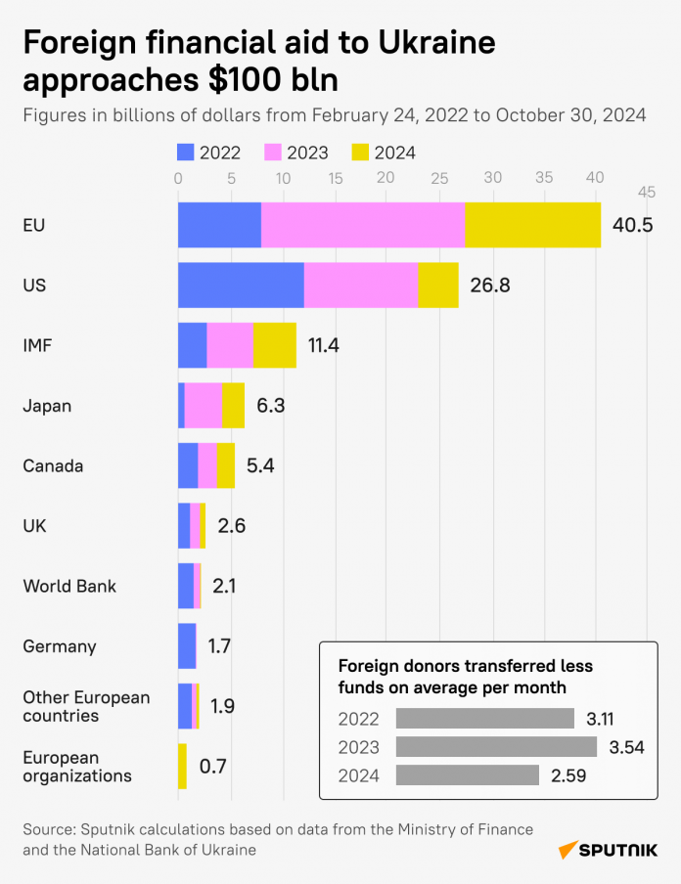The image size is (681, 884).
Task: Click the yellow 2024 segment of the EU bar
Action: pos(533,225)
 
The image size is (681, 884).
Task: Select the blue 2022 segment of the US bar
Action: pos(241,286)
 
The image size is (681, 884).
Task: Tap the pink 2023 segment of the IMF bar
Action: pos(230,345)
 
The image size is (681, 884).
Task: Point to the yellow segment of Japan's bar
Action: pos(234,406)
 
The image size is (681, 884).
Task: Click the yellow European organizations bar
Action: pos(182,767)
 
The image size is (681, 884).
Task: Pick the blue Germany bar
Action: pos(187,646)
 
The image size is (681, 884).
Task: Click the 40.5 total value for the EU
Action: pos(632,226)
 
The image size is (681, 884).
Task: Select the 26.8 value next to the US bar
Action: pos(489,287)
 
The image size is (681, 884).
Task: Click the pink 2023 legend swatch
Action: pos(274,152)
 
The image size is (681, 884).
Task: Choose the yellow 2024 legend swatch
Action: pos(361,152)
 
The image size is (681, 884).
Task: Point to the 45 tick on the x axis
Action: pos(647,192)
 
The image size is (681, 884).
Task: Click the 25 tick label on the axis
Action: pos(439,179)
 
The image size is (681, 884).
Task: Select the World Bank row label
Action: pos(69,587)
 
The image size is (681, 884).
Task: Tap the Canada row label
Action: pos(53,466)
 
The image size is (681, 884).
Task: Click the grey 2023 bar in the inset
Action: pos(496,747)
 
